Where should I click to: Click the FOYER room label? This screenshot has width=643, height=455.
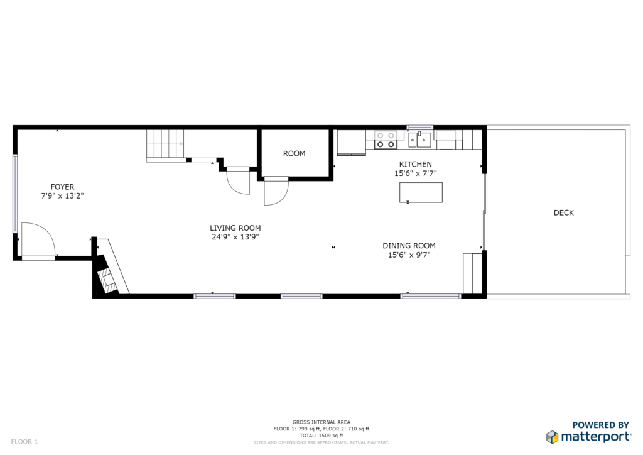pyautogui.click(x=62, y=187)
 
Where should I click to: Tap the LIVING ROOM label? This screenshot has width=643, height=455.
pyautogui.click(x=235, y=227)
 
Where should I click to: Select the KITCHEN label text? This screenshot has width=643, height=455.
pyautogui.click(x=416, y=164)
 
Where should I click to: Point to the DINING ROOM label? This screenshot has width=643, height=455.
pyautogui.click(x=409, y=246)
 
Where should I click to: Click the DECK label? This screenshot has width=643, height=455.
pyautogui.click(x=563, y=212)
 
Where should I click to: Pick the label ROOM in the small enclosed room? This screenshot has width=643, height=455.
pyautogui.click(x=294, y=153)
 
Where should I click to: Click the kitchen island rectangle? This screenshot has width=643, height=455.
pyautogui.click(x=421, y=192)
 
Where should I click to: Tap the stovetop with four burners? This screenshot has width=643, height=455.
pyautogui.click(x=386, y=140)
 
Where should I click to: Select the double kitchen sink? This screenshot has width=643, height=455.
pyautogui.click(x=419, y=140)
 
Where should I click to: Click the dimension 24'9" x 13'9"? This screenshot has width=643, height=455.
pyautogui.click(x=235, y=237)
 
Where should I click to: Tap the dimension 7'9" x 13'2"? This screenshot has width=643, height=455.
pyautogui.click(x=62, y=195)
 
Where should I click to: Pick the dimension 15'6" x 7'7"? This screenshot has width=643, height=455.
pyautogui.click(x=416, y=173)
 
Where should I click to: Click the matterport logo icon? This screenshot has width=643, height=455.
pyautogui.click(x=552, y=437)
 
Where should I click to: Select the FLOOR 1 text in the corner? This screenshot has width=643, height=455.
pyautogui.click(x=24, y=442)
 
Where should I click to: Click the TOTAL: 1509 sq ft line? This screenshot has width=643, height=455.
pyautogui.click(x=321, y=436)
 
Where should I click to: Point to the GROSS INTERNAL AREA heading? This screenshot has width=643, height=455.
pyautogui.click(x=321, y=422)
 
